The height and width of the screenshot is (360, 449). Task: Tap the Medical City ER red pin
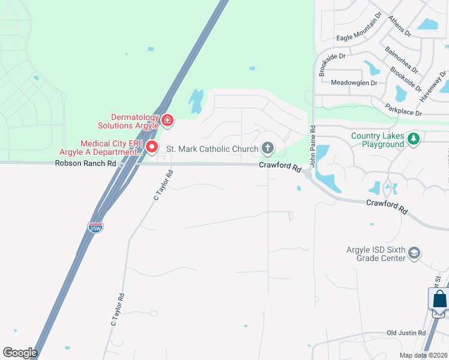pos(152,146)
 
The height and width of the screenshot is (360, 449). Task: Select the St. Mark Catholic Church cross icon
pos(268,148)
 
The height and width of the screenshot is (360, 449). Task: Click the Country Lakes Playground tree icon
pos(413,139)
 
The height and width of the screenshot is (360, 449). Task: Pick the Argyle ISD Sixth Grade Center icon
pos(414,254)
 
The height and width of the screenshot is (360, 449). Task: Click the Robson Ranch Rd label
pos(85,163)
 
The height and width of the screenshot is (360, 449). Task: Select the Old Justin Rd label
pos(406,332)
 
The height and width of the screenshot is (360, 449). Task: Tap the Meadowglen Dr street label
pos(354,82)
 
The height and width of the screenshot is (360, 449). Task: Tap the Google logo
pos(20,353)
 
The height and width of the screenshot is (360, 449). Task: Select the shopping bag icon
pos(439,299)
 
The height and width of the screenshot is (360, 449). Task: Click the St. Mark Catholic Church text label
pos(212,148)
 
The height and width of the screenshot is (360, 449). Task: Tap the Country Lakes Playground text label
pos(378,140)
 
